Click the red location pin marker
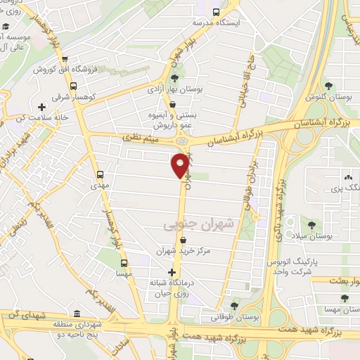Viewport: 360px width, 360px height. pyautogui.click(x=179, y=165)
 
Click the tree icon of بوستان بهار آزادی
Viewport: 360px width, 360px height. pyautogui.click(x=174, y=79)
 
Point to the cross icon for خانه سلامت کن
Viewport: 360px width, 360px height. pyautogui.click(x=42, y=107)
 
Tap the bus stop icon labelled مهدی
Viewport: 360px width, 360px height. pyautogui.click(x=100, y=173)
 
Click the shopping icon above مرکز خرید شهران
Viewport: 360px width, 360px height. pyautogui.click(x=184, y=240)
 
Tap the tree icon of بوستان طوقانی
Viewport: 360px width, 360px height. pyautogui.click(x=233, y=305)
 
